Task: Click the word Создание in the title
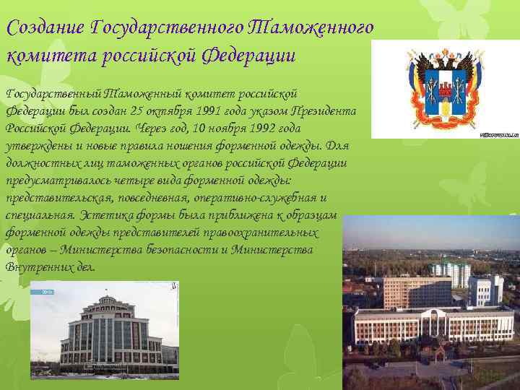click(45, 28)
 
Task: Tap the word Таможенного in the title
click(311, 28)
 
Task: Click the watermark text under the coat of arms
click(498, 134)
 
